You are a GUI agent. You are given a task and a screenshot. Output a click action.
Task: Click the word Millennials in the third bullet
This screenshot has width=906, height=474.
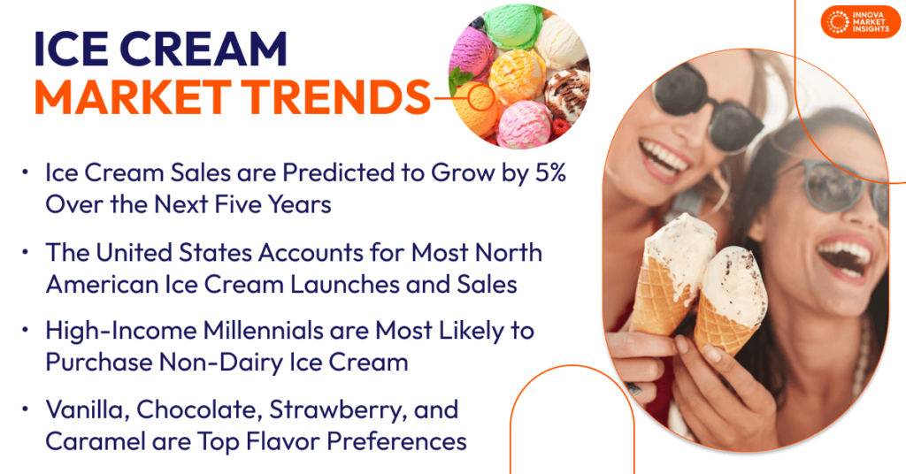[247, 332]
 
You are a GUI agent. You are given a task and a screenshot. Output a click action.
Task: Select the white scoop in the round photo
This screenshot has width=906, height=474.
[561, 40]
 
